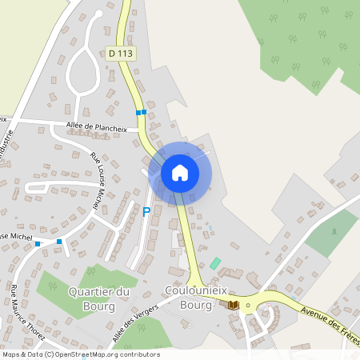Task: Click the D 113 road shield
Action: click(x=119, y=54)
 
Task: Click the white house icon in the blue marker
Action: click(x=180, y=172)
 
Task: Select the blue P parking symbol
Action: click(x=146, y=212)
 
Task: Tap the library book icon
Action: click(x=234, y=305)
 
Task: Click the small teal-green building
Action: click(x=215, y=263)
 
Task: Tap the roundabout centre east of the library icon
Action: click(x=248, y=305)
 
